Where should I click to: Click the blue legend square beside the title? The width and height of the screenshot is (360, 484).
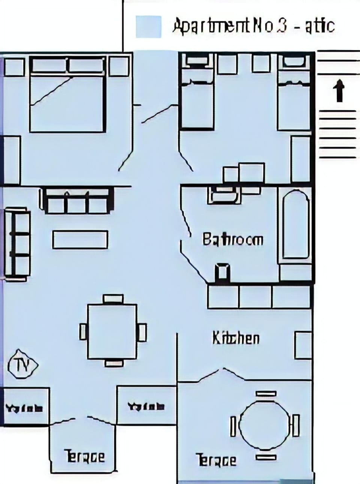(148, 27)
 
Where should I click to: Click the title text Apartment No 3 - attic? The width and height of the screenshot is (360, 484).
(253, 26)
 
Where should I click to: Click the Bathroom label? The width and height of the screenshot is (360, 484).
(232, 239)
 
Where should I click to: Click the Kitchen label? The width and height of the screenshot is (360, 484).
(236, 338)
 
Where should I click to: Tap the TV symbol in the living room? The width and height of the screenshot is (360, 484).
(22, 365)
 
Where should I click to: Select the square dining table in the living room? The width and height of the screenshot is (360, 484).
(112, 331)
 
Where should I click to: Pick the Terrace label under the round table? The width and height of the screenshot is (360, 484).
(216, 460)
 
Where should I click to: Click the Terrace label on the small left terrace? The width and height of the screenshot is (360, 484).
(85, 456)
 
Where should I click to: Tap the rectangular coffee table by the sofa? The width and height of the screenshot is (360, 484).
(80, 240)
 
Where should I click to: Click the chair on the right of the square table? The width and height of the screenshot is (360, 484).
(142, 332)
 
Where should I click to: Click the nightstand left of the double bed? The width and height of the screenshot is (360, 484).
(13, 67)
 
